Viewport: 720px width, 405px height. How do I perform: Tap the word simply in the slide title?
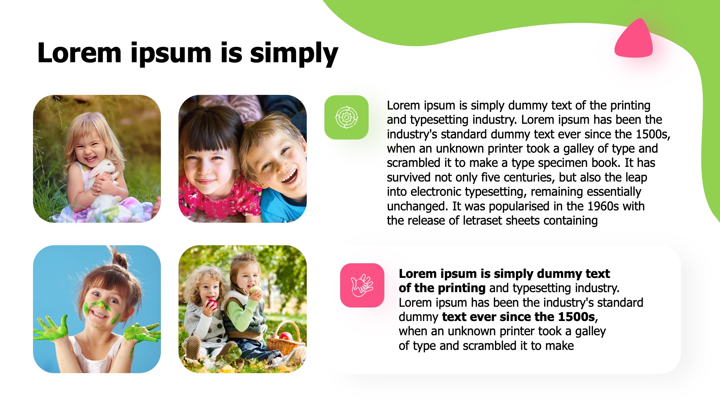[x=294, y=54]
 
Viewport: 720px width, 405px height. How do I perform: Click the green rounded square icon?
[x=346, y=117]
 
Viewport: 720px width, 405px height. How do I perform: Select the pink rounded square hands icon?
[x=362, y=285]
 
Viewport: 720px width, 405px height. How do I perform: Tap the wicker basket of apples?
[x=286, y=339]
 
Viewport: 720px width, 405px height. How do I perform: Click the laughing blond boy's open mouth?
[x=290, y=176]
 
